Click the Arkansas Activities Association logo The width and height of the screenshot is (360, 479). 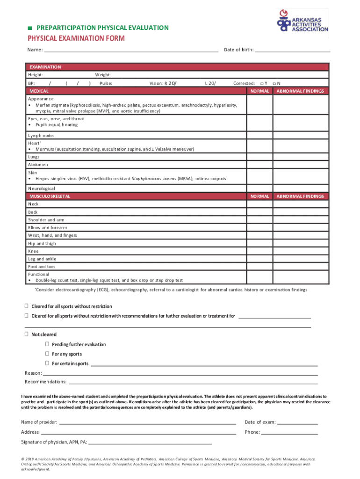pos(302,23)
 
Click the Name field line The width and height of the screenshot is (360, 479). pos(131,50)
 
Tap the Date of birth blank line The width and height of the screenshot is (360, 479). pos(293,50)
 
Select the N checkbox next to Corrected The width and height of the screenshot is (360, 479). pos(275,83)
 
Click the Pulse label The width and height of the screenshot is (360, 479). pos(106,83)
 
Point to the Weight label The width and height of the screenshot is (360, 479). pos(103,75)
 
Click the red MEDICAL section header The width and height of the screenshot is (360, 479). pos(136,91)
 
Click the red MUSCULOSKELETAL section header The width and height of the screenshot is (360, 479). pos(136,196)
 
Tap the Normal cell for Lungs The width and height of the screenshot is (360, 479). pos(260,157)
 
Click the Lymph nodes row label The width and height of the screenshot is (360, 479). pos(41,136)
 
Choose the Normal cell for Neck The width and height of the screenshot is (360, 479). pos(260,204)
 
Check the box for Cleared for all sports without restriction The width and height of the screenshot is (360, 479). pos(27,306)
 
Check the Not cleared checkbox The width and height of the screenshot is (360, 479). pos(27,334)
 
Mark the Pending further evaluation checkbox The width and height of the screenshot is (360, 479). pos(47,344)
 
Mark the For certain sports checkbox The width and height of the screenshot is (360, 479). pos(47,363)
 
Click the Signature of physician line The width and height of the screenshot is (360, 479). pos(150,443)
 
